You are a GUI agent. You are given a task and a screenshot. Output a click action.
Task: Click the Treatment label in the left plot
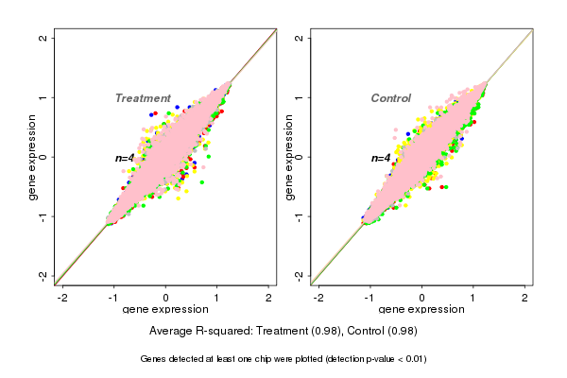tap(143, 98)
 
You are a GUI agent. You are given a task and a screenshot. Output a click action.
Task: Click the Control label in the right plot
tap(390, 98)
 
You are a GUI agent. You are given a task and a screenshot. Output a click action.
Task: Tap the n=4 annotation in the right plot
tap(381, 158)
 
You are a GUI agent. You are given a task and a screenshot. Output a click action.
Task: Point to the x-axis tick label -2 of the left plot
tap(62, 298)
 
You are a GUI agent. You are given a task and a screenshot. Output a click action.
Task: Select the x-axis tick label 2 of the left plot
tap(269, 298)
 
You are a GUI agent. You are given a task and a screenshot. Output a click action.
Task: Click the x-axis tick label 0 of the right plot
tap(421, 298)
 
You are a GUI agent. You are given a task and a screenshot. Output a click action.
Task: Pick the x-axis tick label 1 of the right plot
tap(473, 298)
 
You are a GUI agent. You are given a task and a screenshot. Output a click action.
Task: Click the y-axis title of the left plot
tap(33, 157)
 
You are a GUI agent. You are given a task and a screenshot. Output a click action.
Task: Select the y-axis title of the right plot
tap(289, 157)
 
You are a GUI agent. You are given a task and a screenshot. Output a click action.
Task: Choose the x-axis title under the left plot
tap(165, 311)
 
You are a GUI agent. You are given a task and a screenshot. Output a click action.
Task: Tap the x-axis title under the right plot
tap(421, 311)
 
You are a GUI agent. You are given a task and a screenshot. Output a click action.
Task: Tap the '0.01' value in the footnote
tap(412, 359)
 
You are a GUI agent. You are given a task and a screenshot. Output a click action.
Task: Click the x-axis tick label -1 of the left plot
tap(113, 298)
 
